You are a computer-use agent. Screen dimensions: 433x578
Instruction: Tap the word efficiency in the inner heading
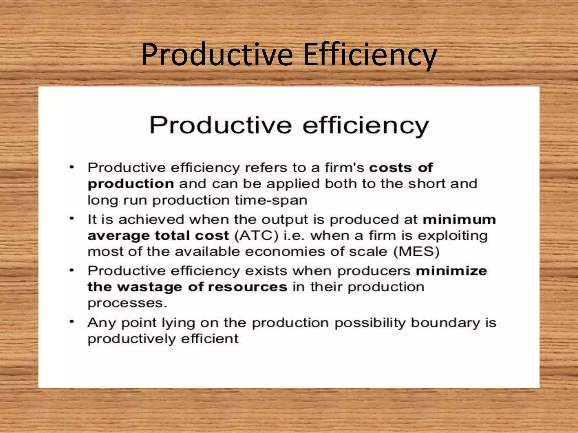click(x=365, y=125)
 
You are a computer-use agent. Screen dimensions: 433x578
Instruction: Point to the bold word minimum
click(x=459, y=220)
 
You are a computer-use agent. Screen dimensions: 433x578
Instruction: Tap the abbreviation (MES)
click(x=417, y=251)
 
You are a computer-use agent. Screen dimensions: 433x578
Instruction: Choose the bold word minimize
click(x=451, y=271)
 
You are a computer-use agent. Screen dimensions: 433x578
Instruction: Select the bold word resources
click(x=248, y=287)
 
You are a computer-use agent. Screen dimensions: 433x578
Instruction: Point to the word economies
click(x=285, y=252)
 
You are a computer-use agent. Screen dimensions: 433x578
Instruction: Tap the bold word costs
click(x=391, y=168)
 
